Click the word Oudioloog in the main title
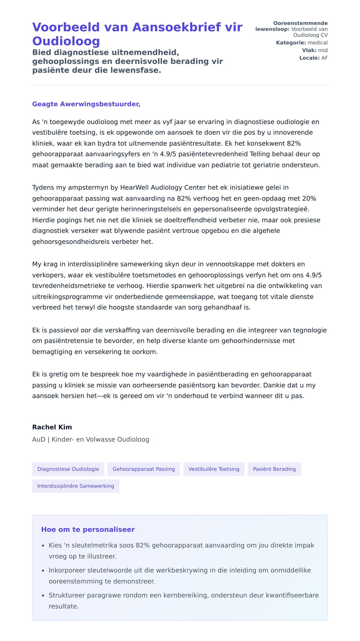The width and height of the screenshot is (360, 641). (x=66, y=41)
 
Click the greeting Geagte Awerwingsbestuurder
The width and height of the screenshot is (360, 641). (x=86, y=104)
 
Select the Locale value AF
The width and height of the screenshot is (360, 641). (x=324, y=58)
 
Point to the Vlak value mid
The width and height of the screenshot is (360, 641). (x=323, y=50)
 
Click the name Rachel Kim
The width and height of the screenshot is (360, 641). (x=52, y=427)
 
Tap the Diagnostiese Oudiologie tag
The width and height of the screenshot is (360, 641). (x=68, y=469)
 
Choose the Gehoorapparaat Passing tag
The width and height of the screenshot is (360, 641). (x=144, y=469)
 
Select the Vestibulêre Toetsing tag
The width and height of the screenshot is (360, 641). (x=214, y=469)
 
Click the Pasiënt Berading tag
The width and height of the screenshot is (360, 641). (x=274, y=469)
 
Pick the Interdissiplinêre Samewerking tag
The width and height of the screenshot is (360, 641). (x=76, y=486)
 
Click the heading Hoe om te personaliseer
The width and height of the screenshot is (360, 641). (x=88, y=529)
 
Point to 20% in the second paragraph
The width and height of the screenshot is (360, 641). (x=309, y=199)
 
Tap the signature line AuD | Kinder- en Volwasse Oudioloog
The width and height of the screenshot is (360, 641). (x=91, y=439)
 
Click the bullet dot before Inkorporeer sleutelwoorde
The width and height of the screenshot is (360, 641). (x=43, y=571)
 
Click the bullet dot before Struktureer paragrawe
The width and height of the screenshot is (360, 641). (x=43, y=596)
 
